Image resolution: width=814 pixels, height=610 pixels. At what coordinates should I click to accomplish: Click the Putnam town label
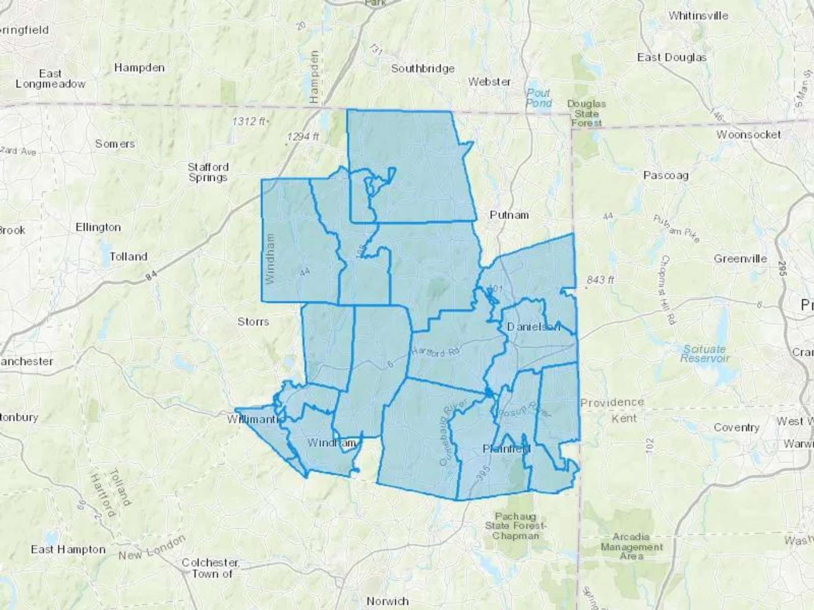pos(509,215)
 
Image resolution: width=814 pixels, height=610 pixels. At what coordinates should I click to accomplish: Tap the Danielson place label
pos(533,327)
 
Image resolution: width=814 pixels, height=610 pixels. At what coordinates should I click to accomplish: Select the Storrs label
pos(253,322)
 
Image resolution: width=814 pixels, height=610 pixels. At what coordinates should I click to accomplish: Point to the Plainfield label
pos(506,449)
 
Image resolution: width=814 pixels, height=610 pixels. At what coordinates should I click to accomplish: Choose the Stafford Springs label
pos(208,172)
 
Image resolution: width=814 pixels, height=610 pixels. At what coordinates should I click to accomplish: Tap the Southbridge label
pos(423,69)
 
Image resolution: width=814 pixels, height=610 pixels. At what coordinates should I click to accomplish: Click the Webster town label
pos(489,82)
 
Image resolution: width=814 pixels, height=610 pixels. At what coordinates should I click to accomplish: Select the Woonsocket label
pos(748,135)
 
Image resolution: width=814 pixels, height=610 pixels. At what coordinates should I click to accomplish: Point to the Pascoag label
pos(666,175)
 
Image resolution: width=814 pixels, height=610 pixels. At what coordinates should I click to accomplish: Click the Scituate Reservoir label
pos(705,354)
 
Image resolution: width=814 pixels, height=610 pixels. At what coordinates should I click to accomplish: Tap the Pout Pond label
pos(539,98)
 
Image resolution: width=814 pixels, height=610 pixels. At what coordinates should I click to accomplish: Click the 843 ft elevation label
pos(600,280)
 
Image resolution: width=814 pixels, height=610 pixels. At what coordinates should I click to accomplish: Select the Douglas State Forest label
pos(587,113)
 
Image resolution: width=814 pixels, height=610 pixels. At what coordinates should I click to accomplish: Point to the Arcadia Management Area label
pos(631,546)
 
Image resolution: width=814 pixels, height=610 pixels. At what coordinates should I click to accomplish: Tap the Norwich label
pos(388,601)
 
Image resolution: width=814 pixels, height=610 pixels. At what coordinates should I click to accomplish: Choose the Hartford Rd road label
pos(435,352)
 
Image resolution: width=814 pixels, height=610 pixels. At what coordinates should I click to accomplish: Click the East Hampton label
pos(68,549)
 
